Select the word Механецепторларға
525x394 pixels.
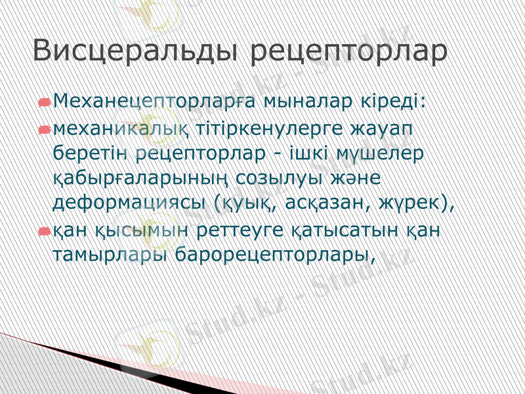pos(154,102)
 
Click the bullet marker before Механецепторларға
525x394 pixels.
pos(44,103)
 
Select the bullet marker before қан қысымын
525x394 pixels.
pos(44,230)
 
